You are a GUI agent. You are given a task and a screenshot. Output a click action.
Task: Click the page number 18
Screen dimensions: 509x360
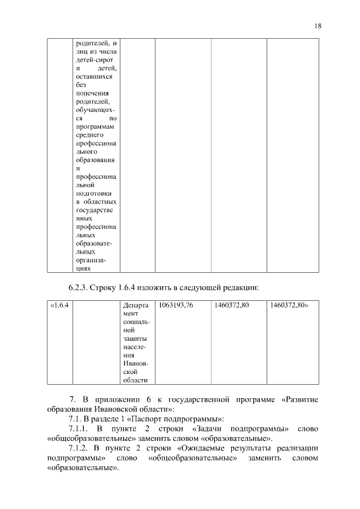(318, 26)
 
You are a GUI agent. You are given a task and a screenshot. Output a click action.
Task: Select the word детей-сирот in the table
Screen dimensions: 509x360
(94, 60)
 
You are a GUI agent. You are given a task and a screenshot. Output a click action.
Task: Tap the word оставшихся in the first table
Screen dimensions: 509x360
(94, 76)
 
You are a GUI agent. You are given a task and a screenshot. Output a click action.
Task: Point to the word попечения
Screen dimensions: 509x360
(93, 93)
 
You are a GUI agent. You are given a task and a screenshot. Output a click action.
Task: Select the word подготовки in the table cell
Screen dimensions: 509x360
(93, 193)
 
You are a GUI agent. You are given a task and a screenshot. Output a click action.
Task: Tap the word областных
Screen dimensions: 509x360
(101, 201)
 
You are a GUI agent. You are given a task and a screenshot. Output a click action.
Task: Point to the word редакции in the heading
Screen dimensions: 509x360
(239, 288)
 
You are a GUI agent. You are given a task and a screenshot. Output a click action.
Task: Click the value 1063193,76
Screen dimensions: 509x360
(176, 305)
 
